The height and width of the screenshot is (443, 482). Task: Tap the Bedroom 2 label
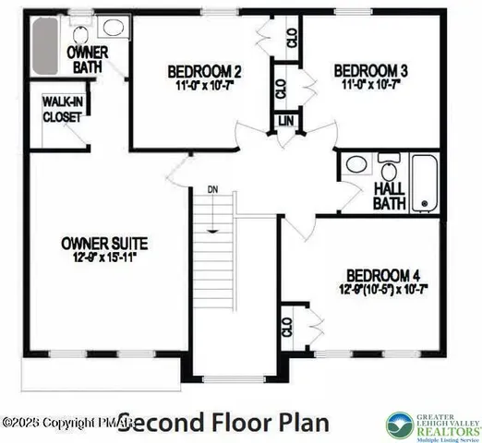tap(204, 71)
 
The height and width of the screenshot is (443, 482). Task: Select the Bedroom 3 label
tap(370, 70)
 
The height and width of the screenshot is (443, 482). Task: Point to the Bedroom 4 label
tap(383, 275)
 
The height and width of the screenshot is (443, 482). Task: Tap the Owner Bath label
tap(89, 60)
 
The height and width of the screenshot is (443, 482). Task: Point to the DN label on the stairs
tap(211, 190)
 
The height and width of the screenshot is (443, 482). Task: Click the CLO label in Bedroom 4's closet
tap(287, 328)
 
